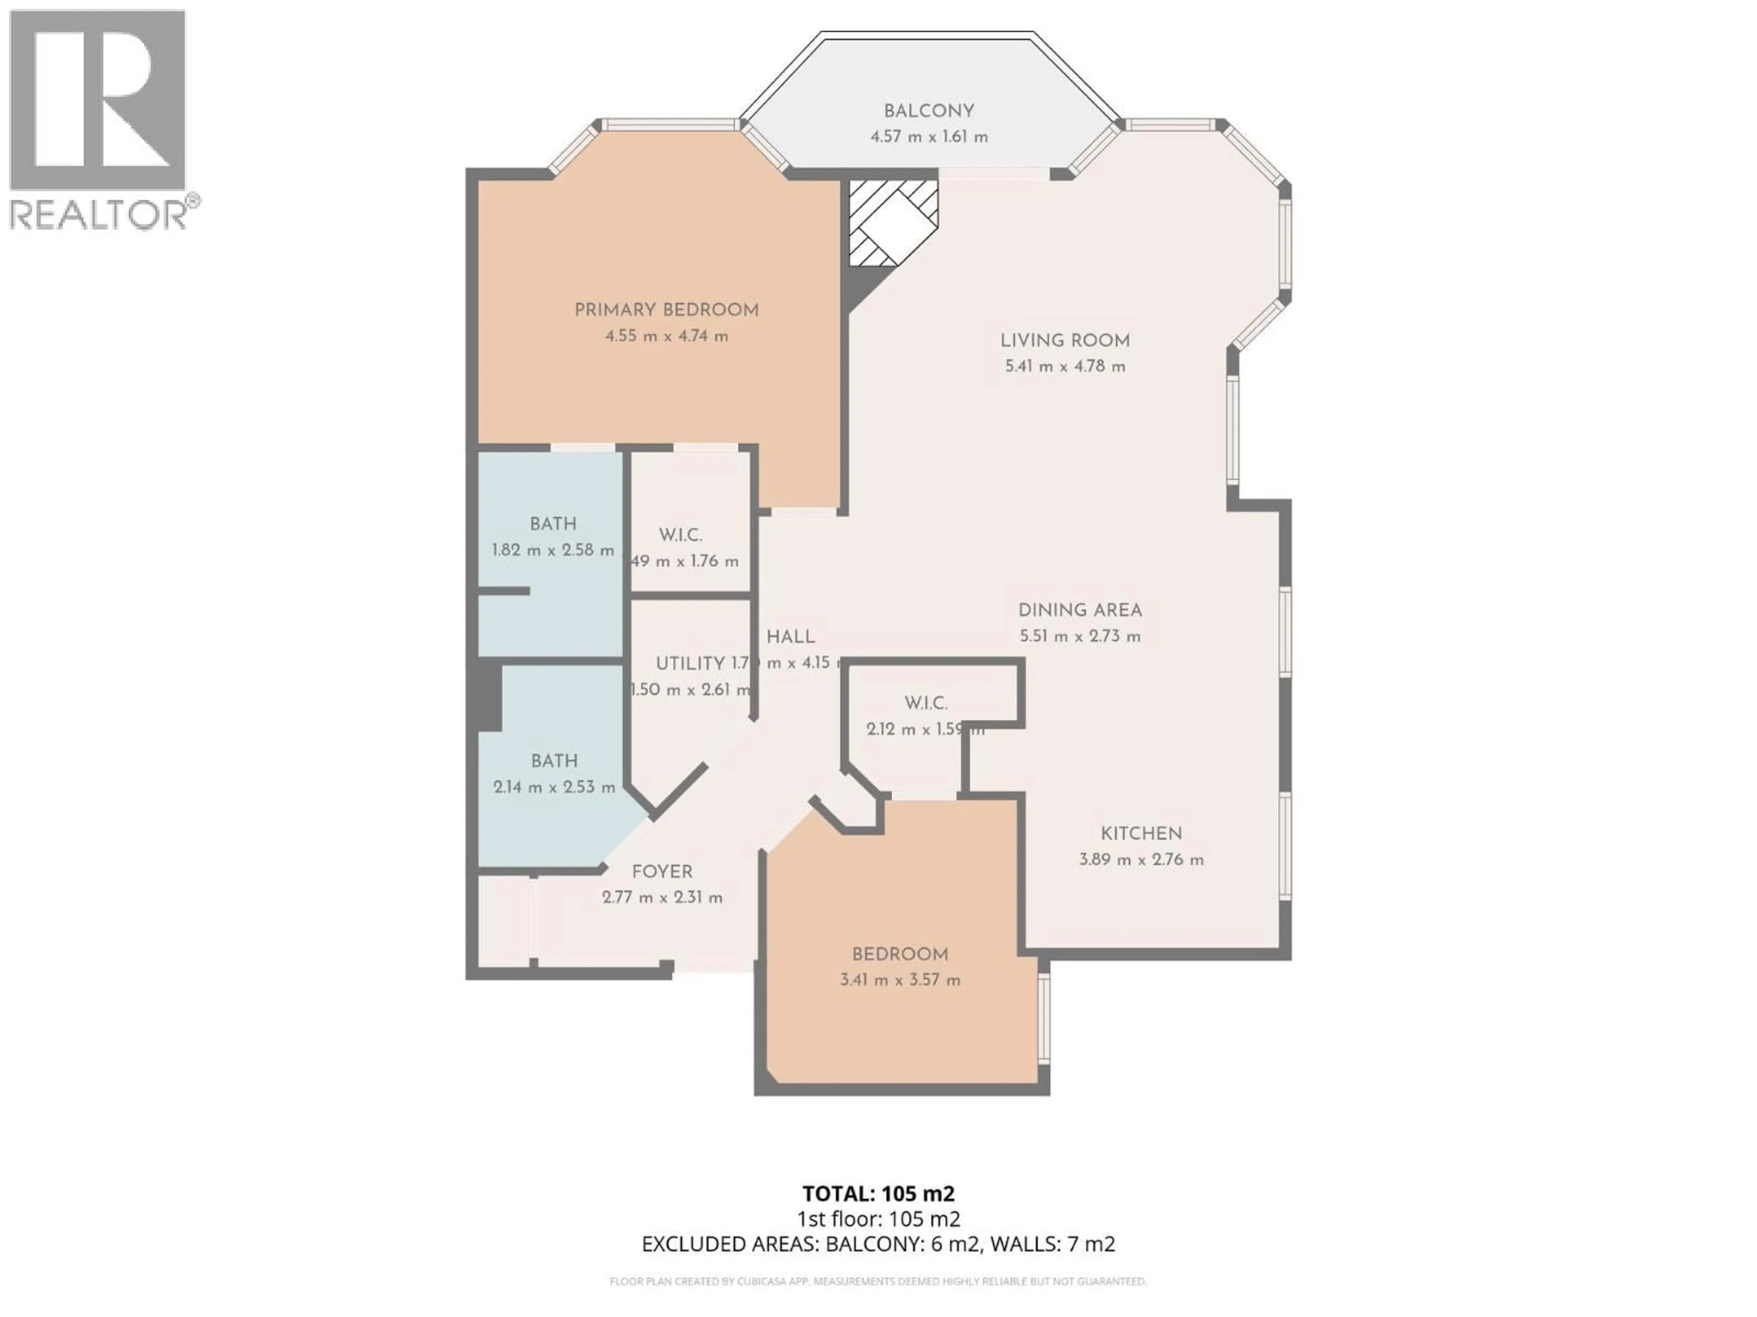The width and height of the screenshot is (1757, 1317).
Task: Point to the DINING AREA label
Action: pos(1079,610)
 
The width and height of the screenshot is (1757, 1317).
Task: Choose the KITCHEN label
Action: pos(1141,834)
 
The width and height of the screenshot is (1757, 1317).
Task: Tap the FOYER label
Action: pos(662,872)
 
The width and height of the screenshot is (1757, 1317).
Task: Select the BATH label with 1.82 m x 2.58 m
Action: pos(553,524)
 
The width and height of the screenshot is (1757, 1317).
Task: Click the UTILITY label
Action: pos(690,664)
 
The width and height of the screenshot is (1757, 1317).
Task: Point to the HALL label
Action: pos(790,637)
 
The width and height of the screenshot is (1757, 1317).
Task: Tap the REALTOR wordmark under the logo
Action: pos(98,214)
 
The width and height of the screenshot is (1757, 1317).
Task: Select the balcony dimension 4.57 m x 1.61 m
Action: pos(928,137)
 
